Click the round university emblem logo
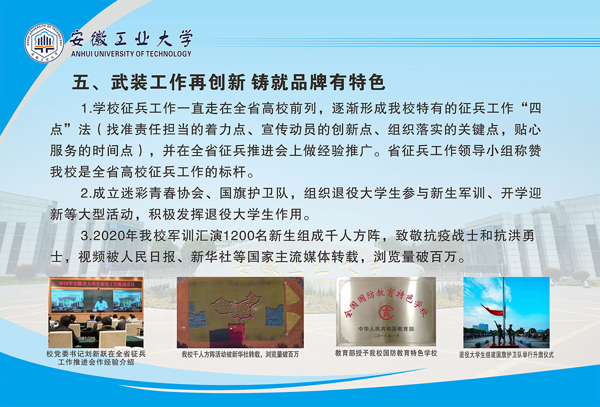(x=44, y=43)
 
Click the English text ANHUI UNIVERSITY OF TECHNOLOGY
(x=131, y=54)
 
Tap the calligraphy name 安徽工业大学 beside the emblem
(x=131, y=38)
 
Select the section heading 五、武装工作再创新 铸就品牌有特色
(x=229, y=82)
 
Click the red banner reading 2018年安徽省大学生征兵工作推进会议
(x=97, y=284)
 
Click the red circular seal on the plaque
(x=386, y=312)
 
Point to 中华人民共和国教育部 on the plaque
(x=386, y=329)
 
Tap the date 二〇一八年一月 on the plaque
(x=386, y=336)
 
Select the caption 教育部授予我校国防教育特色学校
(x=386, y=353)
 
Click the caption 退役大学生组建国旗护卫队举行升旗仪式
(x=506, y=355)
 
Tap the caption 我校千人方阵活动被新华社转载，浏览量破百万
(x=240, y=354)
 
